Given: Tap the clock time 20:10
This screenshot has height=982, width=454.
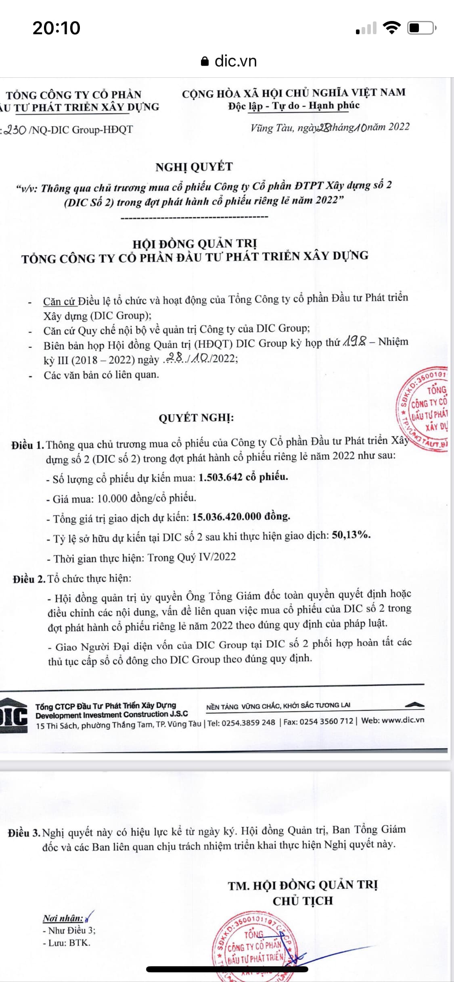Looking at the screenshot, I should [56, 28].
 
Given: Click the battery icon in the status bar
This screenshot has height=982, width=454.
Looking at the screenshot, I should [421, 28].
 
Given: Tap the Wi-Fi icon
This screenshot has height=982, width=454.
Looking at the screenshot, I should [391, 27].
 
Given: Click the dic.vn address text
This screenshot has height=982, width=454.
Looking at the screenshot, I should [236, 61].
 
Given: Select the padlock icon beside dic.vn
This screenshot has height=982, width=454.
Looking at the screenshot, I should [205, 61].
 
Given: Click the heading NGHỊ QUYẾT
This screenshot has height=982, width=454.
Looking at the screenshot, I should [194, 167].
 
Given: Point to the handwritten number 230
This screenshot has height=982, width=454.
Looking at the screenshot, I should [15, 130].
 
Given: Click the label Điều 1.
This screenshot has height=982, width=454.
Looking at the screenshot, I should [27, 445].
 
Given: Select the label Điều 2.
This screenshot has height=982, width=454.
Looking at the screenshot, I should [29, 579].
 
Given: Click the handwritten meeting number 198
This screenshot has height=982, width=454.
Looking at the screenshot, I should [354, 341].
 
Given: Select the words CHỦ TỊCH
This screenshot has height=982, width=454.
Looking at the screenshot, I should [303, 901].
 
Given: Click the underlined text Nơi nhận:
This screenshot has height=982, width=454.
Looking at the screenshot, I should [63, 918].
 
